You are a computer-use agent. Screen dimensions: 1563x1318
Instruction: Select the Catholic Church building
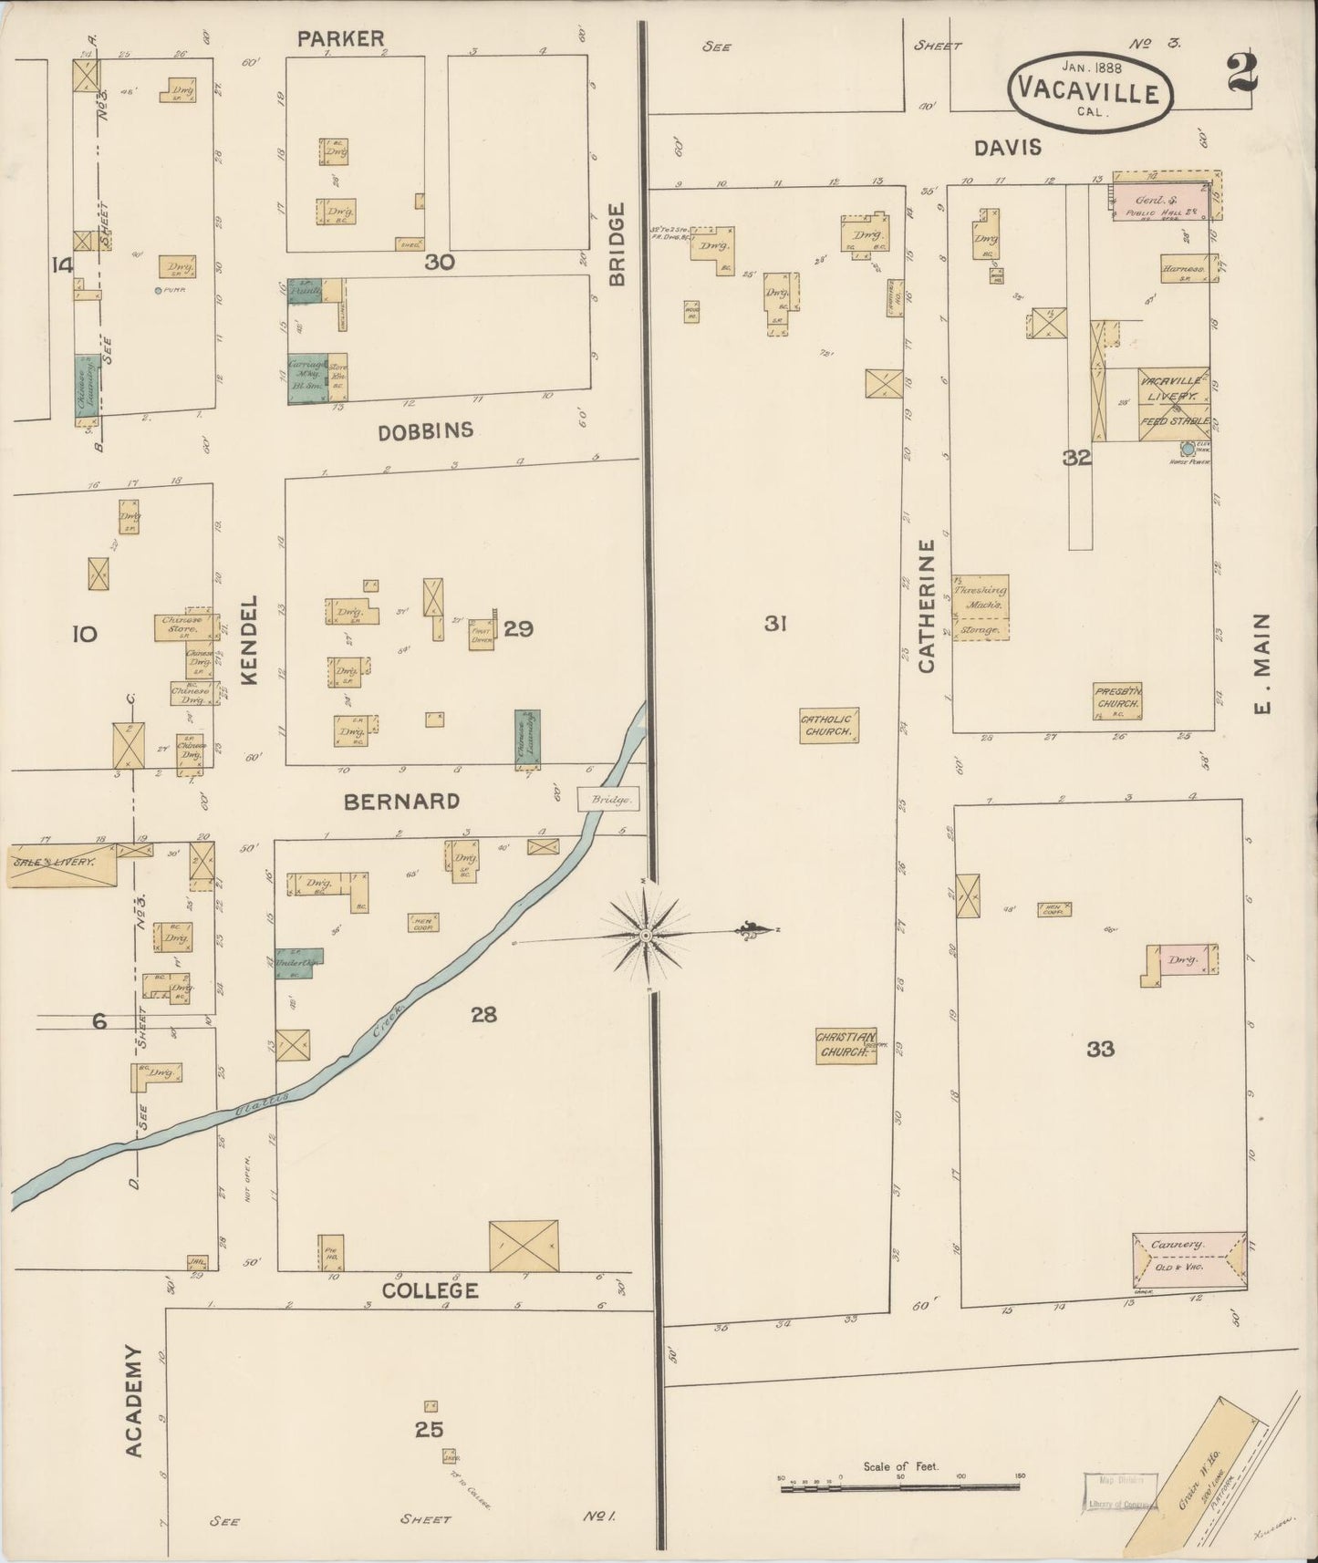coord(828,726)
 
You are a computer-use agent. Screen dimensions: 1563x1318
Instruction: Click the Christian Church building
coord(845,1045)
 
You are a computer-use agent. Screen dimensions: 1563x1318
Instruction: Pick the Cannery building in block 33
coord(1188,1257)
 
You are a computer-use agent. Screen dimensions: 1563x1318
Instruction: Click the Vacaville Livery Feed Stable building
coord(1172,404)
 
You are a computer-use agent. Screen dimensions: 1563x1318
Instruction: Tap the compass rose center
coord(646,936)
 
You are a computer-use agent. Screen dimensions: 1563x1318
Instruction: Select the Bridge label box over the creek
coord(607,799)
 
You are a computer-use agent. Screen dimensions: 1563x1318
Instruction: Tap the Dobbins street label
coord(426,430)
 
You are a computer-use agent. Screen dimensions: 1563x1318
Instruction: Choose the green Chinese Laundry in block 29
coord(526,737)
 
